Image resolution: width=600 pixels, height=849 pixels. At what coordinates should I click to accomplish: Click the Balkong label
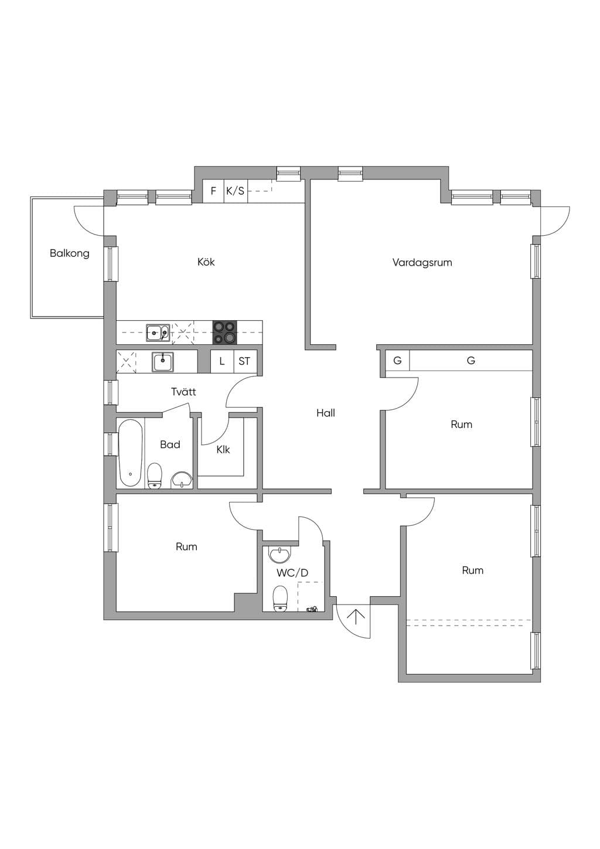[x=70, y=253]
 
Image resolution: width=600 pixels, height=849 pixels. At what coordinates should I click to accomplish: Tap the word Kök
[x=206, y=262]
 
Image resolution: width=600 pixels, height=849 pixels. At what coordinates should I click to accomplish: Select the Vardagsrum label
[x=422, y=263]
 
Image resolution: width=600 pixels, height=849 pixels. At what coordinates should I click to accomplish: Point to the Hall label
[x=326, y=413]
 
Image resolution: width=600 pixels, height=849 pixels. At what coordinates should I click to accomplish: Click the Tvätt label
[x=183, y=392]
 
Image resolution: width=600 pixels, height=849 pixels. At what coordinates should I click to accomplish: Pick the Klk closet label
[x=223, y=450]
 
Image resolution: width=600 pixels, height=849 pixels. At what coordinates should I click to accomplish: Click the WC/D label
[x=292, y=573]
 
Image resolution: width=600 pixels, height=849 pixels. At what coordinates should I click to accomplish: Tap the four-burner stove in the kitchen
[x=224, y=332]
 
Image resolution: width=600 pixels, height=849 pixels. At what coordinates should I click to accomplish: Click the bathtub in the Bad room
[x=130, y=453]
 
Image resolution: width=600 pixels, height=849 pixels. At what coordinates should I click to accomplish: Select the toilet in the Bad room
[x=154, y=476]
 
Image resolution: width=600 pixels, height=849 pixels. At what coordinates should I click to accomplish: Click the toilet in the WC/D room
[x=280, y=599]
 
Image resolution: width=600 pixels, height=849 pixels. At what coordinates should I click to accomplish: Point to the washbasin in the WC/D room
[x=280, y=555]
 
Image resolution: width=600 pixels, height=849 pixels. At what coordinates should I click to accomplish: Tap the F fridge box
[x=214, y=191]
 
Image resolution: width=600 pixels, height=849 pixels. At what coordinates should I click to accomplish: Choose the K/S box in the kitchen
[x=235, y=191]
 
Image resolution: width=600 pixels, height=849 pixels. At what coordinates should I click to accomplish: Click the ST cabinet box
[x=244, y=361]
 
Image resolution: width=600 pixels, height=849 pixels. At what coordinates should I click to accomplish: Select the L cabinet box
[x=222, y=361]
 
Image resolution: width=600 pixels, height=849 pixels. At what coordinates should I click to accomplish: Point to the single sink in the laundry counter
[x=163, y=362]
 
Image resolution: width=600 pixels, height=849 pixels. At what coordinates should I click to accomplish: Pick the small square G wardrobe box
[x=397, y=360]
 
